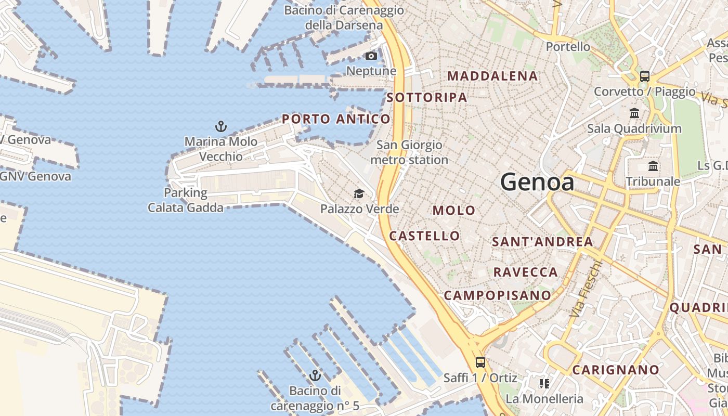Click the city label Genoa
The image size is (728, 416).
[x=537, y=182]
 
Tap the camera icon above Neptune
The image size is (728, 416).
[x=371, y=56]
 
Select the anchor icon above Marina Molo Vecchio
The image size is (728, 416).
[x=221, y=126]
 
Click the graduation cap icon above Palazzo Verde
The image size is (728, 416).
[x=359, y=194]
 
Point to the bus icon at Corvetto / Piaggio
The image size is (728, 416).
[x=645, y=76]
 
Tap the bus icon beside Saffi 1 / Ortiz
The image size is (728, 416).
[x=480, y=362]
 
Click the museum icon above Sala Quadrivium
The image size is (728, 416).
[x=634, y=113]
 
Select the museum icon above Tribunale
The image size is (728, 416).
[x=653, y=166]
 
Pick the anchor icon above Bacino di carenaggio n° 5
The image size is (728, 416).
[x=315, y=375]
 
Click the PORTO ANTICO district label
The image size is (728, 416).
[x=336, y=119]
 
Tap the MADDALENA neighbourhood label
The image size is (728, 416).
[x=492, y=76]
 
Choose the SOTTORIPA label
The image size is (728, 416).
[x=426, y=97]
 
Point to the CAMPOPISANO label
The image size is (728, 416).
[x=497, y=295]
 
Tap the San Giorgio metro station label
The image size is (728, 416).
[x=409, y=152]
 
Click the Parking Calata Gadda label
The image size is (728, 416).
[x=186, y=200]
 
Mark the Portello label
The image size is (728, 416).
[x=568, y=47]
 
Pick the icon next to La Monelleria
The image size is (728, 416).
[x=544, y=384]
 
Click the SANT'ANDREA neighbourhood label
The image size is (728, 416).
[x=542, y=242]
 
